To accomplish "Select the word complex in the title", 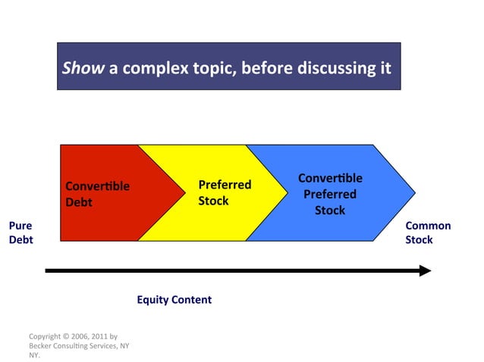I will coord(155,68).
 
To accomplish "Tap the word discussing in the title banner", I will coord(333,68).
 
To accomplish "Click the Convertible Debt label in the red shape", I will coord(97,194).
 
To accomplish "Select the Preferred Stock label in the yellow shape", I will coord(224,192).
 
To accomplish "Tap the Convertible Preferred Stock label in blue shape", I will coord(330,194).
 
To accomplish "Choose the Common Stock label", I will coord(428,232).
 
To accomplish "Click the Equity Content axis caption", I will coord(174,300).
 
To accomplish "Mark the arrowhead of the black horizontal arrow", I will coord(425,270).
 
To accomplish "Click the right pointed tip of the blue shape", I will coord(413,192).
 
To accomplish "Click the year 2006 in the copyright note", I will coord(85,335).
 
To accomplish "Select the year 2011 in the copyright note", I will coord(109,335).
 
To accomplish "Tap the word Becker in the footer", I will coord(42,345).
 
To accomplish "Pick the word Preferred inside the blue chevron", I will coord(330,194).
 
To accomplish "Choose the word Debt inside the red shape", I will coord(79,202).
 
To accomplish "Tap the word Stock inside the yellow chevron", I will coord(213,201).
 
